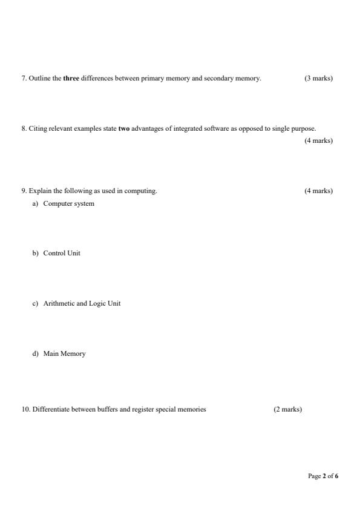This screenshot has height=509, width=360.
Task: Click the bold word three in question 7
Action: click(71, 78)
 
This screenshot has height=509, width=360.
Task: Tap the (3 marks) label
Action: click(318, 78)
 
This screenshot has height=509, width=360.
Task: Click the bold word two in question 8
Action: click(123, 128)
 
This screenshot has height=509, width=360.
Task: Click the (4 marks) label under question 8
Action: click(318, 140)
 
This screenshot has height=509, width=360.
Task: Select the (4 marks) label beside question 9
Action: click(318, 191)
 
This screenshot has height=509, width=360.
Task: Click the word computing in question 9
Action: click(143, 191)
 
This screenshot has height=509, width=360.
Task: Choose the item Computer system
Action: click(68, 203)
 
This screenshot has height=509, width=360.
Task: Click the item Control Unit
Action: click(62, 253)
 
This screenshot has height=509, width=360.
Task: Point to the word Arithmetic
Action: click(59, 303)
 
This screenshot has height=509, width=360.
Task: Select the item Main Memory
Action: click(64, 353)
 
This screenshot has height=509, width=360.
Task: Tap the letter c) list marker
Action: click(35, 303)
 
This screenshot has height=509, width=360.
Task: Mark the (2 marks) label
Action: click(287, 409)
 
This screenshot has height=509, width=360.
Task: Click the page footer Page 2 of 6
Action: click(323, 476)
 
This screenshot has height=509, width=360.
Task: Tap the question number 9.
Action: click(24, 191)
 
